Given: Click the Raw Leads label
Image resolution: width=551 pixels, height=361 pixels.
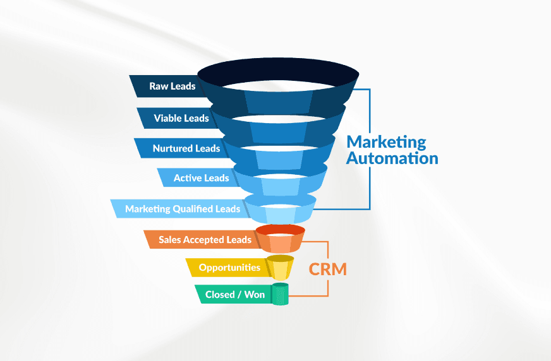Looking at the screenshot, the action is pos(172,86).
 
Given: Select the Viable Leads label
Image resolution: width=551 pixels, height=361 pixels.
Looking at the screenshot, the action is pos(181,118).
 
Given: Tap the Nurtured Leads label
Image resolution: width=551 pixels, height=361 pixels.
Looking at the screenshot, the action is pos(186,148).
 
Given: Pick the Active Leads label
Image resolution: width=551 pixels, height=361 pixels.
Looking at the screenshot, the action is pos(202,178).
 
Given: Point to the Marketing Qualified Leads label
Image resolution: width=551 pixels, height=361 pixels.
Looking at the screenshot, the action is pos(183,209).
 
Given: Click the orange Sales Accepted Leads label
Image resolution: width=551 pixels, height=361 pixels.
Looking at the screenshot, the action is pos(205,240).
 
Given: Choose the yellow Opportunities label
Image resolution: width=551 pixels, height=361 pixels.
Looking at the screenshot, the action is pos(229,268).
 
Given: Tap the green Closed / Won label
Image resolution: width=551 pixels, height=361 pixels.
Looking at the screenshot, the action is pos(234,294).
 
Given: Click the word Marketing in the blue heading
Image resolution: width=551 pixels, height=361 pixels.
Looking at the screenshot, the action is pos(386,143).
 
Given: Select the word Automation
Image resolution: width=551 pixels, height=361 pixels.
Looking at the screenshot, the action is pos(392,158).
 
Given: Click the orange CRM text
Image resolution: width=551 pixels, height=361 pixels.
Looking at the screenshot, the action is pos(327,269).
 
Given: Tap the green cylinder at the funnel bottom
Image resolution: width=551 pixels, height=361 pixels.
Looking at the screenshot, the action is pos(280,293).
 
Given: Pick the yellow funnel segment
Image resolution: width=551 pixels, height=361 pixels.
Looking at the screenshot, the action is pos(280,268).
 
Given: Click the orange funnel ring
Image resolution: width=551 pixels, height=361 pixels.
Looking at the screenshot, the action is pos(280,239).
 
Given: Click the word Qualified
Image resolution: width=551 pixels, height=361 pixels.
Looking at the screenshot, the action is pos(193,209).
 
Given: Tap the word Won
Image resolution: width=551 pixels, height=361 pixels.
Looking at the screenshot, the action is pos(255,294).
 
